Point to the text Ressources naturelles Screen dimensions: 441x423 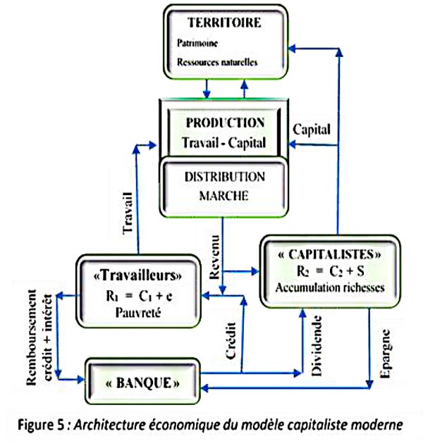tap(217, 62)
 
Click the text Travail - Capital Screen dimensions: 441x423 tap(223, 143)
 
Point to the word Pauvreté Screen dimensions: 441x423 tap(137, 313)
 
